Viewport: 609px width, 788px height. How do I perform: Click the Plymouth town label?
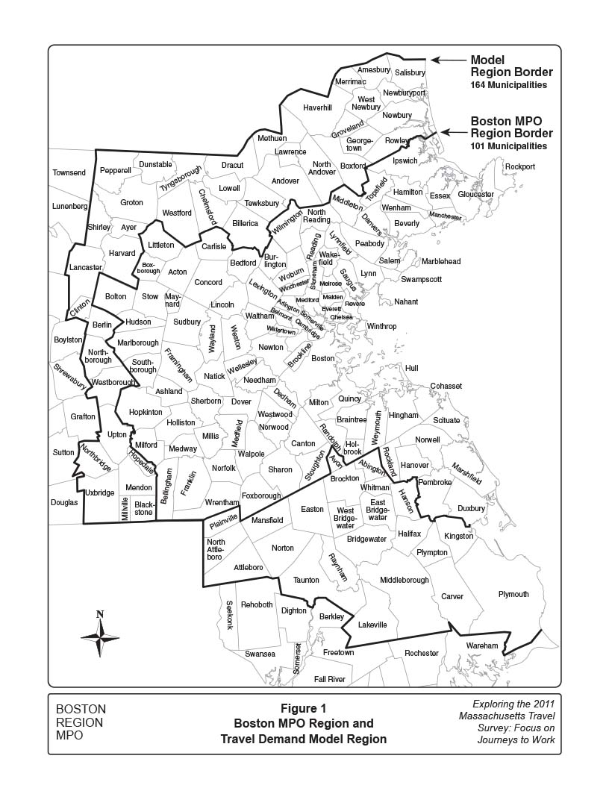(x=513, y=595)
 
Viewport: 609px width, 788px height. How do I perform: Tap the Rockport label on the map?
(x=519, y=166)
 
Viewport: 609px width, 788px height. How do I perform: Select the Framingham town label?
(x=178, y=366)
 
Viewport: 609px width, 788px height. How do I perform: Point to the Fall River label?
(x=329, y=679)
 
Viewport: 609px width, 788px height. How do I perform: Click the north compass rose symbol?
(x=101, y=635)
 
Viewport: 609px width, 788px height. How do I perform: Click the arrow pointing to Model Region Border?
(x=447, y=60)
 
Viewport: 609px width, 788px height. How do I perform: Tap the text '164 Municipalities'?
(x=508, y=85)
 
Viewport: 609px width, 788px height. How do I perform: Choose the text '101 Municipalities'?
(x=508, y=146)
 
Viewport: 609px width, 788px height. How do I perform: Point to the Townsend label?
(x=69, y=172)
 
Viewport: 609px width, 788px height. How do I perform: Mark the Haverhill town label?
(x=317, y=107)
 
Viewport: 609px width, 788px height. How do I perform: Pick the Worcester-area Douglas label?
(x=64, y=503)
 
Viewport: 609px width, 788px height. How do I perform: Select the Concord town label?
(x=208, y=283)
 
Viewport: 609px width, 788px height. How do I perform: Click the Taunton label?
(x=306, y=580)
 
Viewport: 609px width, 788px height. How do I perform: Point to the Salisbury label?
(x=409, y=73)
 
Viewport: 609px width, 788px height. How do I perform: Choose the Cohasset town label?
(x=446, y=386)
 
